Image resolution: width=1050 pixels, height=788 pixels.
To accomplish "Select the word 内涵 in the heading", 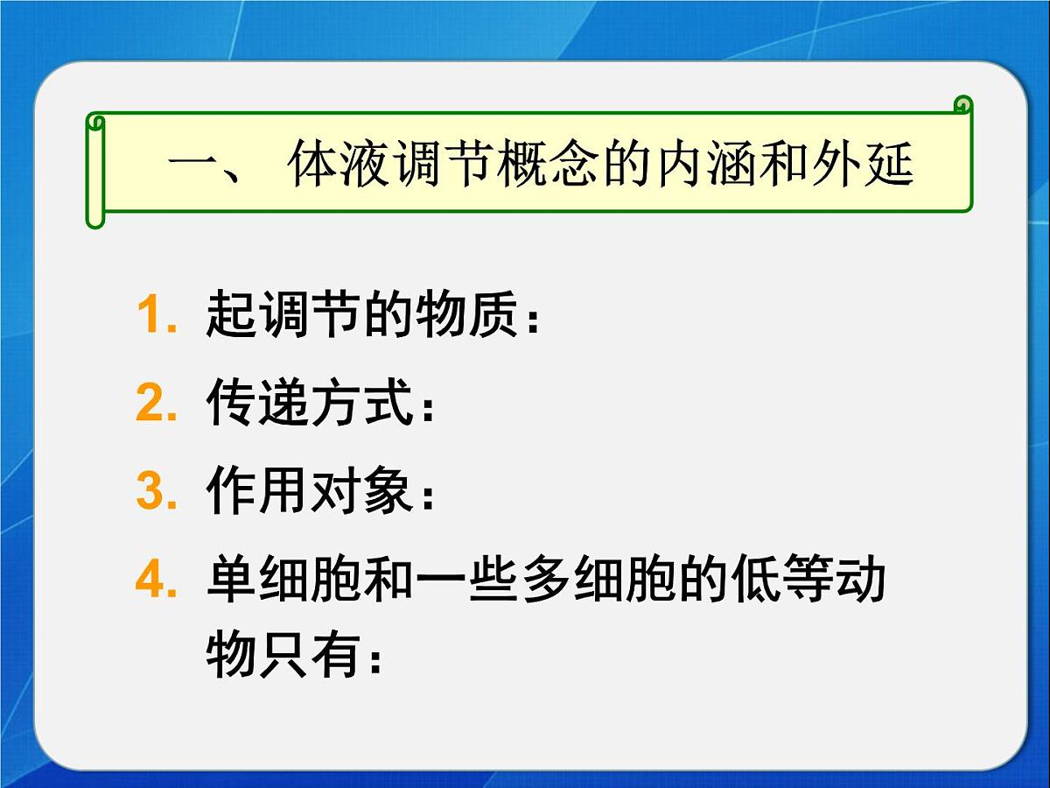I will click(707, 165).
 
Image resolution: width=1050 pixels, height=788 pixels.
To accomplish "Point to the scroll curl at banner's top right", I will click(962, 106).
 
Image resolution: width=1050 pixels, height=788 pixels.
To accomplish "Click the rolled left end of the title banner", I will click(95, 171).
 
